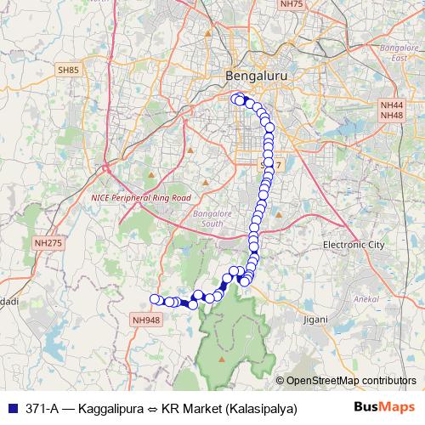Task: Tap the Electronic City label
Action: (x=354, y=245)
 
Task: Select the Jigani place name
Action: (x=314, y=320)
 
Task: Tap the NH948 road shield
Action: (x=145, y=320)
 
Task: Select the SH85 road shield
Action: (x=68, y=70)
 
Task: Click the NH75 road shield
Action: (x=291, y=4)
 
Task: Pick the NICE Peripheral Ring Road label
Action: (x=140, y=197)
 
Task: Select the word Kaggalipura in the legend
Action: (x=109, y=408)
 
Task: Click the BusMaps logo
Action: (x=385, y=407)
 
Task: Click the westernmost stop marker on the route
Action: (x=155, y=299)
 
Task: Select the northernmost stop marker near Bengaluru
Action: (x=237, y=98)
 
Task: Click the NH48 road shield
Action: (x=391, y=116)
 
